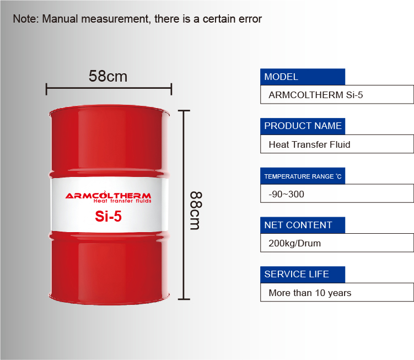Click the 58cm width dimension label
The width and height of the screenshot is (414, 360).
pyautogui.click(x=107, y=76)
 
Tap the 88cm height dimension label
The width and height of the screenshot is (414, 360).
pyautogui.click(x=196, y=211)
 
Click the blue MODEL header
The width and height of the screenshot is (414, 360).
pyautogui.click(x=303, y=77)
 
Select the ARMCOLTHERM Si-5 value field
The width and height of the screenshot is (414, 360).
pyautogui.click(x=337, y=95)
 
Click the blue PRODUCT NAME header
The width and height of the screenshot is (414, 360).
pyautogui.click(x=303, y=126)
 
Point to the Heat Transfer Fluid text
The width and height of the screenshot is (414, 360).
pyautogui.click(x=309, y=144)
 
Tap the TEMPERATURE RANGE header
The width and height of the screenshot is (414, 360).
pyautogui.click(x=303, y=176)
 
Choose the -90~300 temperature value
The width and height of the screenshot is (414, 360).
pyautogui.click(x=286, y=194)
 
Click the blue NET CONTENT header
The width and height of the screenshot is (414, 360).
pyautogui.click(x=303, y=225)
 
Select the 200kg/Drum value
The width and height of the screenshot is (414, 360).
pyautogui.click(x=295, y=243)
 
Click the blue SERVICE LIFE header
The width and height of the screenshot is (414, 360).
pyautogui.click(x=303, y=275)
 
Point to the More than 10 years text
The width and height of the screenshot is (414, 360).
pyautogui.click(x=310, y=293)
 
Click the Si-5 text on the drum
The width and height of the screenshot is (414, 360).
pyautogui.click(x=108, y=216)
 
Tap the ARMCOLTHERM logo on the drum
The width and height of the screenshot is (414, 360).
pyautogui.click(x=108, y=195)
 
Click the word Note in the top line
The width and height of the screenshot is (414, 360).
pyautogui.click(x=25, y=19)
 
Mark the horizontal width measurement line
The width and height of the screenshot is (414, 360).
pyautogui.click(x=109, y=88)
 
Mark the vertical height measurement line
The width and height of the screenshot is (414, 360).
pyautogui.click(x=184, y=205)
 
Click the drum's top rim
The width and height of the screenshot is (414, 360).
pyautogui.click(x=109, y=110)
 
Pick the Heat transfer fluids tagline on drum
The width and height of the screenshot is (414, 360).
pyautogui.click(x=122, y=201)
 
